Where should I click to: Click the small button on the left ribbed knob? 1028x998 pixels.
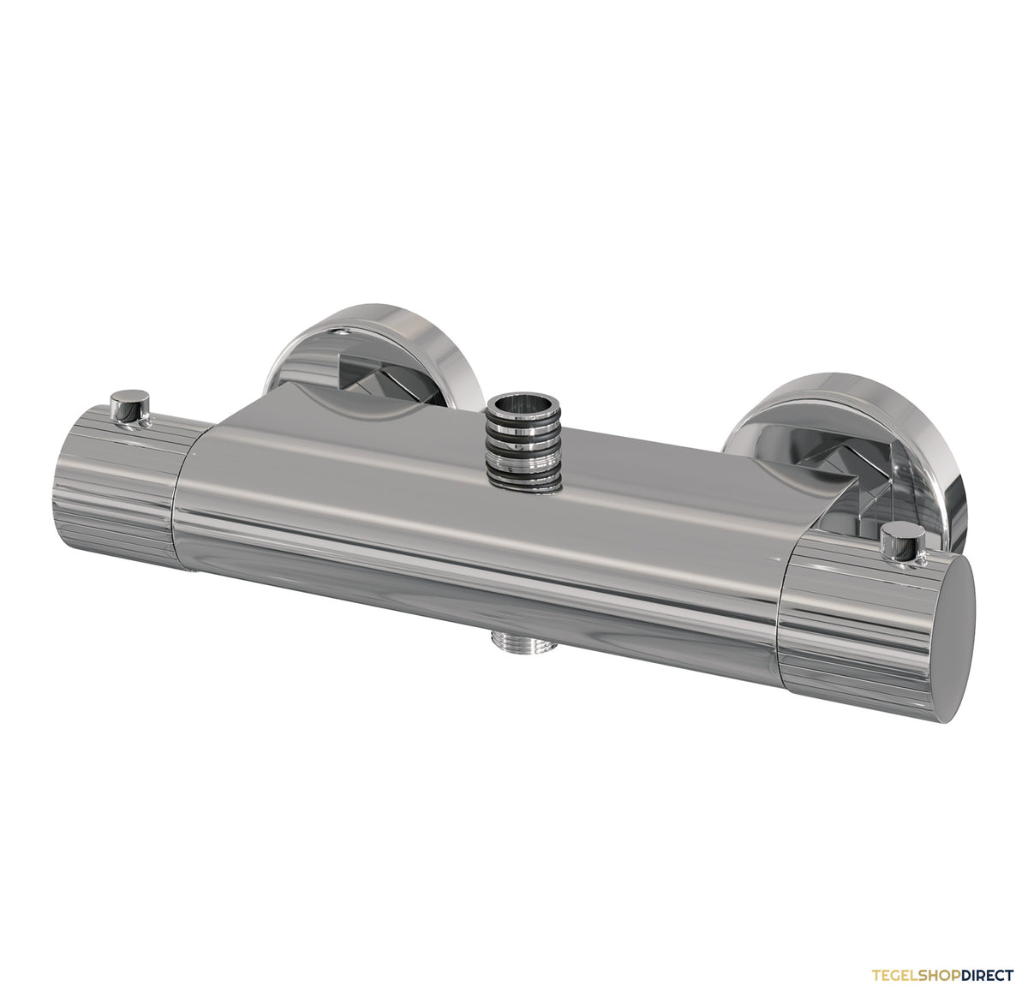click(x=129, y=406)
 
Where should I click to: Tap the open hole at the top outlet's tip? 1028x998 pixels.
click(x=523, y=406)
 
